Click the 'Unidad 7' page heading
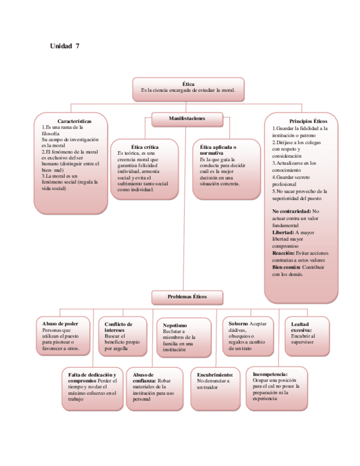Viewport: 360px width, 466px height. coord(65,46)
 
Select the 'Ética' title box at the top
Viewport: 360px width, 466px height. coord(188,89)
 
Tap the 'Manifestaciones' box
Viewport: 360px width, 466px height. coord(187,119)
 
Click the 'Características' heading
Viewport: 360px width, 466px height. coord(75,121)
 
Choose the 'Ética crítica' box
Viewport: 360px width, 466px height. coord(145,169)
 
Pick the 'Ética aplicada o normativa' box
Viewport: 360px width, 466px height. coord(226,169)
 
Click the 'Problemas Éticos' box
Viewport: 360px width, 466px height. coord(187,297)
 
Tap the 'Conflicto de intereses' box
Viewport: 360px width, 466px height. coord(123,336)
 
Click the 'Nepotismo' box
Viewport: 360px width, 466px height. coord(183,337)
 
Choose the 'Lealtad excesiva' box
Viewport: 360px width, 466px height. coord(307,336)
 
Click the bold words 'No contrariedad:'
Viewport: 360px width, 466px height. coord(292,211)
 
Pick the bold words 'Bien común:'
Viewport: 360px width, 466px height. coord(286,267)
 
